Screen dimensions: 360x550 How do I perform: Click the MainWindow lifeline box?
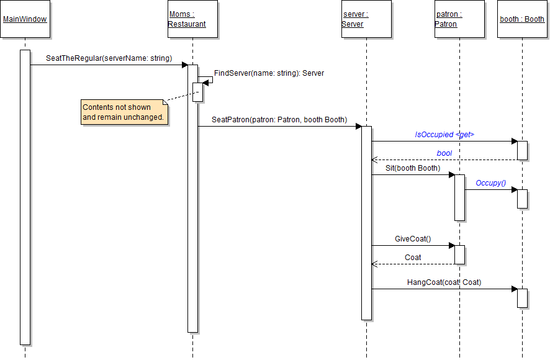[25, 19]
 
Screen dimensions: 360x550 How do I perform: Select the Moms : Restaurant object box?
[192, 19]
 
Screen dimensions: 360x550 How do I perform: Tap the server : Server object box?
[366, 19]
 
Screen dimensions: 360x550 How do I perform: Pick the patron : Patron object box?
[459, 19]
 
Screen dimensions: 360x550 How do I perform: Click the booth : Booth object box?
[522, 19]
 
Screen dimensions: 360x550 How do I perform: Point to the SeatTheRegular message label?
[109, 58]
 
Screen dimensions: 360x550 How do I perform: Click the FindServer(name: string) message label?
[269, 73]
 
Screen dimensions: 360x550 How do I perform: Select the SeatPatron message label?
[279, 119]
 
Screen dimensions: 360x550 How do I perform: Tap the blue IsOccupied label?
[444, 134]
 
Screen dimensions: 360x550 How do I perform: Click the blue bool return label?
[444, 153]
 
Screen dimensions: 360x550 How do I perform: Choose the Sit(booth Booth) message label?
[412, 168]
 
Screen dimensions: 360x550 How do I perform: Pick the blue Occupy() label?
[490, 183]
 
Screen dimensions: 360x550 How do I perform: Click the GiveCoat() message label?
[412, 239]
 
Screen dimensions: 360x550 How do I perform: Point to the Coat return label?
[412, 258]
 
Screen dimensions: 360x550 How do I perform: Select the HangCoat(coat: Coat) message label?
[444, 282]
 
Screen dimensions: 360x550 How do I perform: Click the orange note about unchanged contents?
[125, 112]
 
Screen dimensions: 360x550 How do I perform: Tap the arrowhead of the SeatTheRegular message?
[184, 65]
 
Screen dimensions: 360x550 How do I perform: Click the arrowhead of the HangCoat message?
[514, 289]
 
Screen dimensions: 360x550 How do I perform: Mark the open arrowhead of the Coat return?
[374, 264]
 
